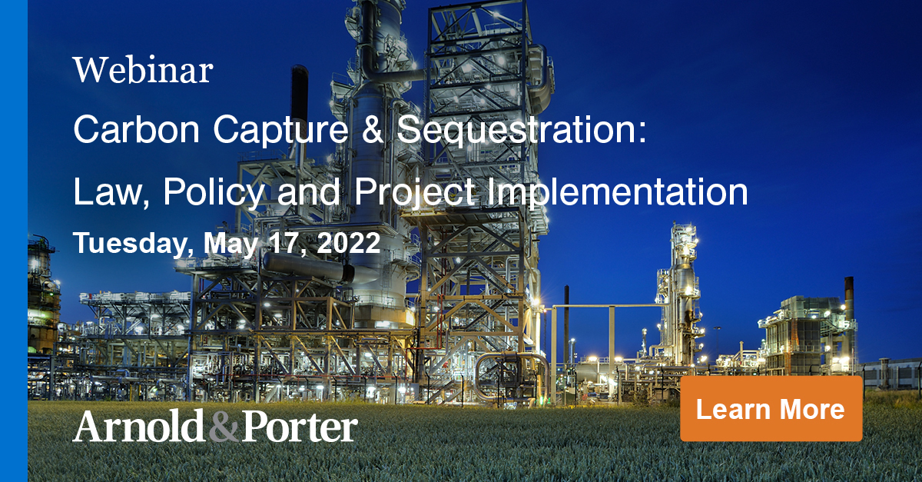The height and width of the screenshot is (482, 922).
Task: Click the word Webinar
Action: point(143,71)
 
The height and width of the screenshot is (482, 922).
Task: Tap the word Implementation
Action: point(618,191)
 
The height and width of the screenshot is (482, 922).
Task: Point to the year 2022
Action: point(350,244)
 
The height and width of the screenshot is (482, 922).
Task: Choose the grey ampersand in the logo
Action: point(224,428)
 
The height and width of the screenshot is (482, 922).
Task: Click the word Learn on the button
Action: point(731,409)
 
